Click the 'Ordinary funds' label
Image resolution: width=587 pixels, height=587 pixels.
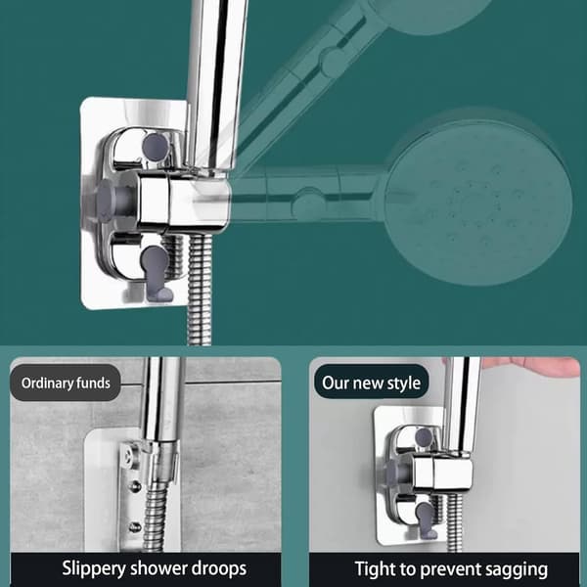pos(66,383)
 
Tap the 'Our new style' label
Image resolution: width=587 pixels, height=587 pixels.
pos(371,383)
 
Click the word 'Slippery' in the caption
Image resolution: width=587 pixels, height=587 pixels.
pos(94,569)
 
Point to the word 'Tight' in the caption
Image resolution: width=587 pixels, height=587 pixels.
pos(376,569)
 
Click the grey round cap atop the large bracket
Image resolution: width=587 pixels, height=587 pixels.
pos(156,147)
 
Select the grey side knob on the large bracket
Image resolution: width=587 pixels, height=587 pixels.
pos(109,201)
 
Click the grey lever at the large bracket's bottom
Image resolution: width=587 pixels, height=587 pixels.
pos(157,273)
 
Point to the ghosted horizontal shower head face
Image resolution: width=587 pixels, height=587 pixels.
pos(477,203)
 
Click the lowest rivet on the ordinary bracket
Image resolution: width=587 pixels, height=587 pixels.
pos(134,527)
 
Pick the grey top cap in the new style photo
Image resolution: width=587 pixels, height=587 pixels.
pos(424,436)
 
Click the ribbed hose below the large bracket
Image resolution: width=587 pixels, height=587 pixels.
pos(200,290)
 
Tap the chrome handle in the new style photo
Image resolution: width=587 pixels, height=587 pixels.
pos(461,406)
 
